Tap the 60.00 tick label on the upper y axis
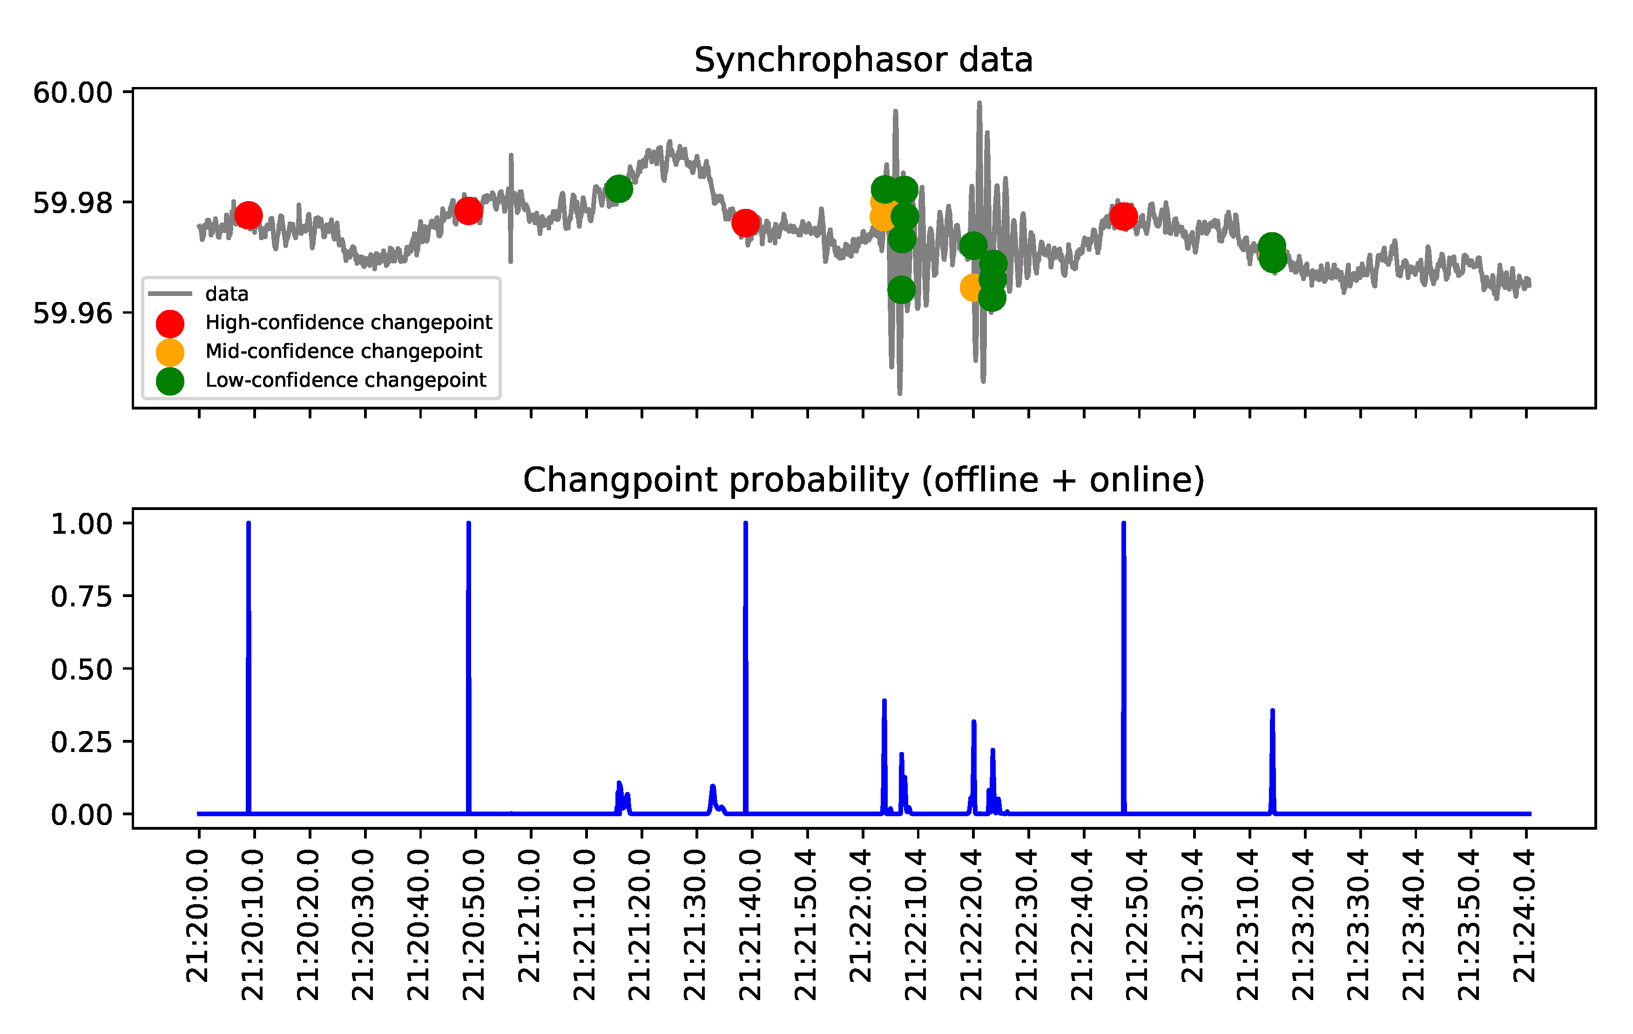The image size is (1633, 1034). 73,92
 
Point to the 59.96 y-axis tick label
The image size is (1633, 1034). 73,313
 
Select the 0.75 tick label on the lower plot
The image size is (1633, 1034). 81,597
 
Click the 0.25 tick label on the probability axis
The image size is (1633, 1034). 81,742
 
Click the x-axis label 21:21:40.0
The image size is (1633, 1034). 751,926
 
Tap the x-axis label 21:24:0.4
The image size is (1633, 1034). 1525,917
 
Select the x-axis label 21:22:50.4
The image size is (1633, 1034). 1137,926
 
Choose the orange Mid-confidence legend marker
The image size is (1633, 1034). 169,352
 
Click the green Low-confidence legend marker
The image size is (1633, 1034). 169,381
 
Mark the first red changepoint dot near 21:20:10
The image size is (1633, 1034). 248,215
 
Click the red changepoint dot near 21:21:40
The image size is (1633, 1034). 745,222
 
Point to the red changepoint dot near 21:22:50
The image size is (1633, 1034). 1123,217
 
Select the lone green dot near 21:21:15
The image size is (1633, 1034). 618,188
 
